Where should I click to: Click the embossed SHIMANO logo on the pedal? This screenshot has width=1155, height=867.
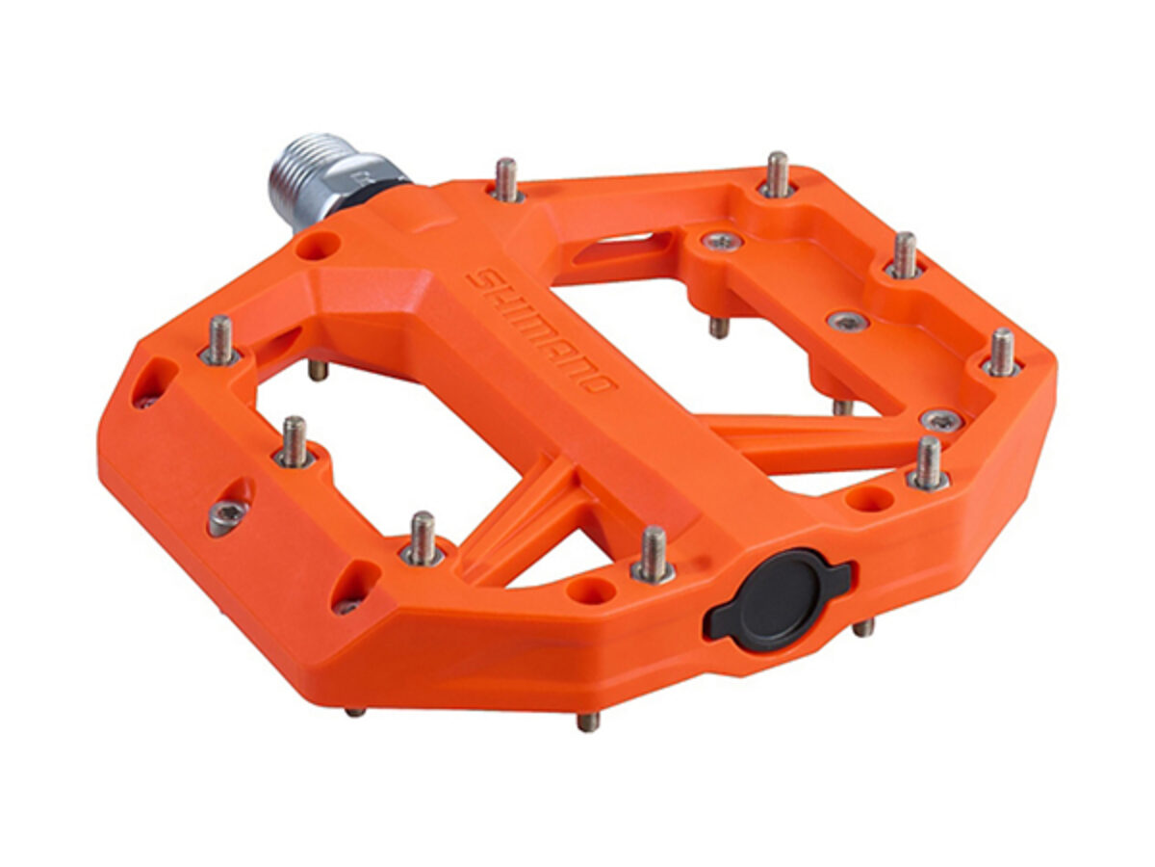541,331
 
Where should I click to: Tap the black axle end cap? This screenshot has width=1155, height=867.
778,599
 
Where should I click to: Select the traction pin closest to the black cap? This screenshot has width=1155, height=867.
653,554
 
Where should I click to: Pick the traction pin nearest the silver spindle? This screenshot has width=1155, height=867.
506,179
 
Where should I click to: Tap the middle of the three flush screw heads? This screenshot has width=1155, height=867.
848,321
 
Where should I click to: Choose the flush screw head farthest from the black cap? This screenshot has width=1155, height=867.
723,242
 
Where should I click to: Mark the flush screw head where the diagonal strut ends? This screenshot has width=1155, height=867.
941,420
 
